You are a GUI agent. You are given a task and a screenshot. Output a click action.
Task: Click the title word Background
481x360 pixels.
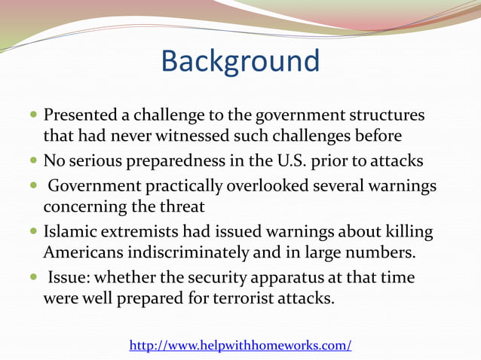coord(240,60)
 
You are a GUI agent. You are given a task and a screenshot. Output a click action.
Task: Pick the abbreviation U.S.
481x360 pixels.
coord(283,160)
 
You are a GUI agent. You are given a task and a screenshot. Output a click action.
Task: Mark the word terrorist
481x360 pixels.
coord(248,298)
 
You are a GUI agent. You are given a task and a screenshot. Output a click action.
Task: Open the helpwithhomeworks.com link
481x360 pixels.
coord(240,345)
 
